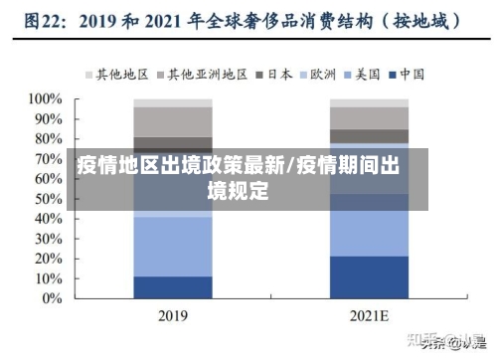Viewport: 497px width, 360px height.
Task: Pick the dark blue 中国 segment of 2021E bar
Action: pyautogui.click(x=369, y=276)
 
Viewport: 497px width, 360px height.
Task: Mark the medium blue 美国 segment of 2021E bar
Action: pyautogui.click(x=369, y=234)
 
